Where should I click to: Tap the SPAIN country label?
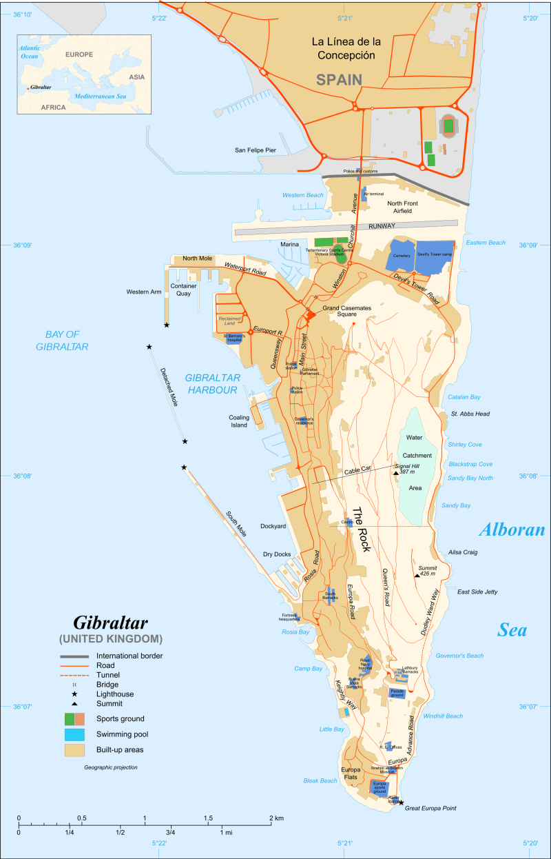click(x=339, y=79)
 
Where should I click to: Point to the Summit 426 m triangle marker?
click(x=417, y=574)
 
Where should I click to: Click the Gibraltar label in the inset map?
click(x=41, y=88)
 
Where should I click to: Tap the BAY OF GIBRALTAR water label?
click(x=62, y=341)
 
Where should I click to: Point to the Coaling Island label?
click(x=238, y=421)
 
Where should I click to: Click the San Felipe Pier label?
click(x=260, y=150)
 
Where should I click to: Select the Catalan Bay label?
click(x=464, y=397)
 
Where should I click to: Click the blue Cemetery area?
click(x=402, y=255)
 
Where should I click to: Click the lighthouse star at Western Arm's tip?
click(x=167, y=325)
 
